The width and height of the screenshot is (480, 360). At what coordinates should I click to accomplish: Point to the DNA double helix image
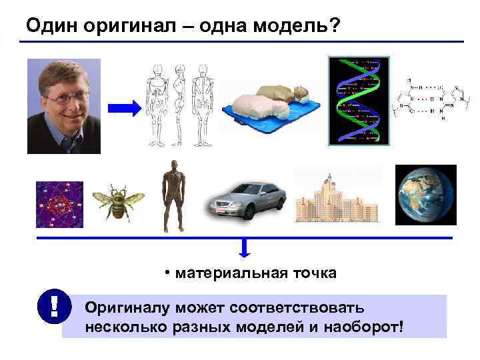click(x=359, y=100)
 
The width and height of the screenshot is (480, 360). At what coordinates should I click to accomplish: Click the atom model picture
click(x=59, y=204)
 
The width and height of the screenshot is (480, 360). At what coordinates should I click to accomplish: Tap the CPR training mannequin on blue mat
click(x=271, y=107)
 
